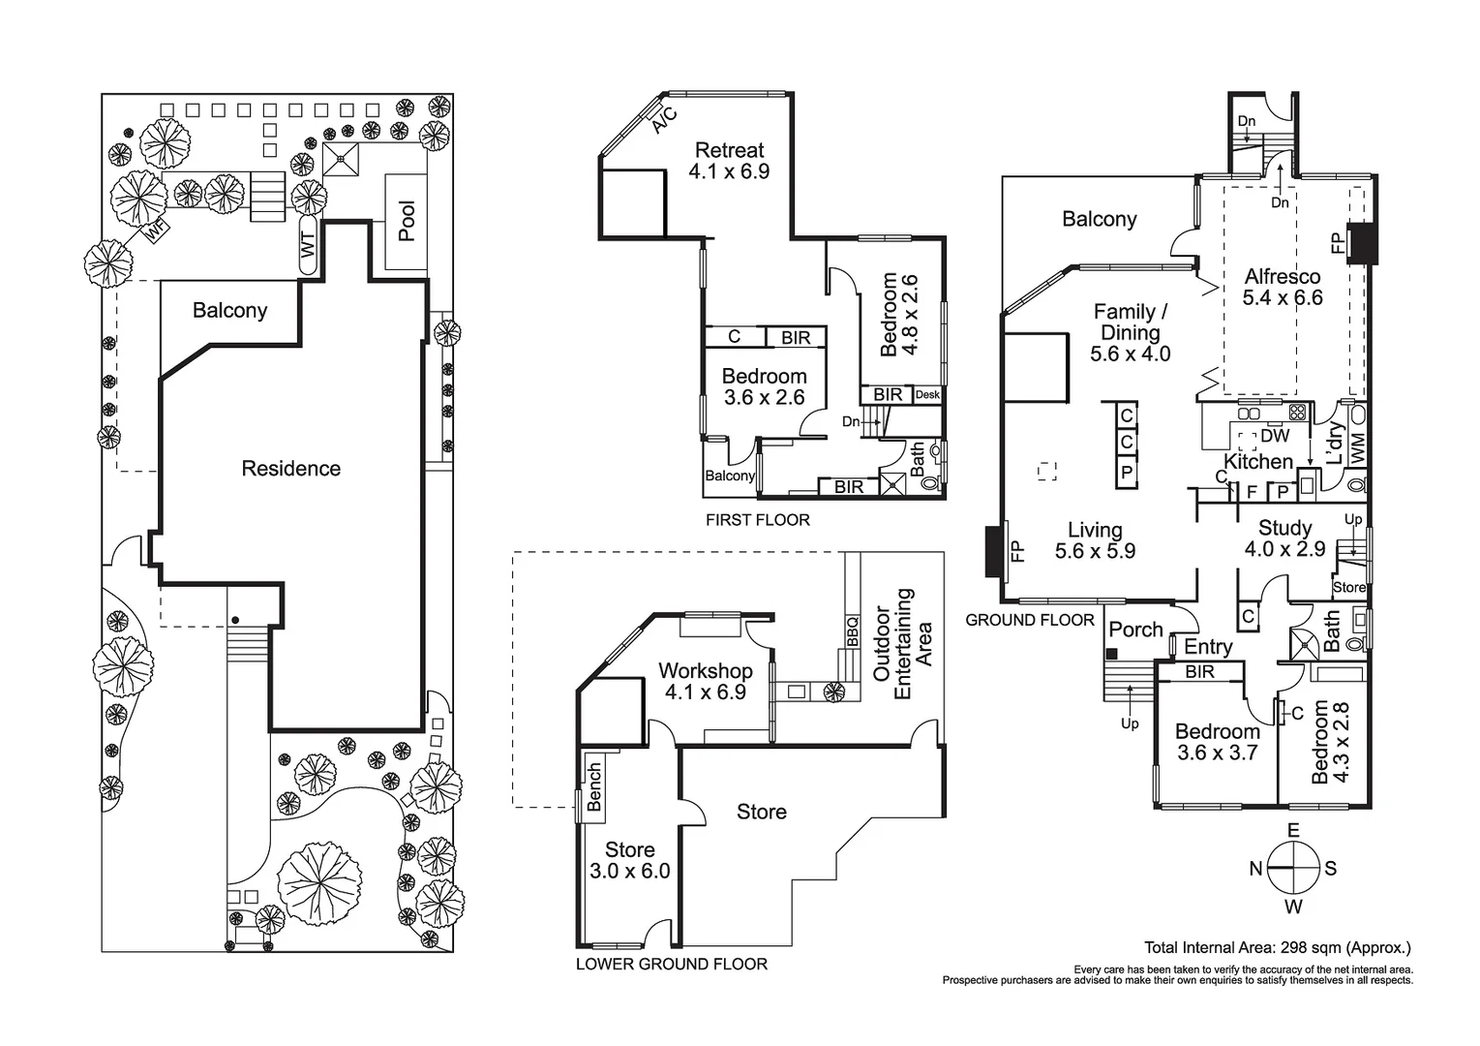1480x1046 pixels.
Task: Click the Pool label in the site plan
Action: pos(407,222)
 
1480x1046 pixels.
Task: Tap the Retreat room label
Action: pos(729,150)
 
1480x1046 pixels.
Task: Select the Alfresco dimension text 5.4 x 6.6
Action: pos(1283,297)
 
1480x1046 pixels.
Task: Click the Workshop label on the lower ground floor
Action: pos(705,671)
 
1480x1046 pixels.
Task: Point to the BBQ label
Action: pos(853,631)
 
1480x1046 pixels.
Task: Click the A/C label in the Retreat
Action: pos(663,119)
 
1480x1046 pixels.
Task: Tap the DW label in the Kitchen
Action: pos(1275,437)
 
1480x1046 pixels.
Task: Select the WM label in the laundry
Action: pos(1357,447)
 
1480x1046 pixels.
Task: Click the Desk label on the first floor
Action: pos(927,395)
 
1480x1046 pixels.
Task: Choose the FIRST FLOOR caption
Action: pos(757,520)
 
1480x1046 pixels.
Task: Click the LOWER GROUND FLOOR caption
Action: pos(671,965)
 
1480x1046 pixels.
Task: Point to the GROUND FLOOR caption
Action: pos(1030,620)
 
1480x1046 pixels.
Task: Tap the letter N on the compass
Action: pos(1255,869)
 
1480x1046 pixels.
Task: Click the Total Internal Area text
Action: pos(1277,948)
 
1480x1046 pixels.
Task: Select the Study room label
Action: pos(1284,528)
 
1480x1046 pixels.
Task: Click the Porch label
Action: pos(1135,630)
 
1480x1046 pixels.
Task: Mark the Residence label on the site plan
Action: pos(290,469)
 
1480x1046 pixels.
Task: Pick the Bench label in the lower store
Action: pos(594,786)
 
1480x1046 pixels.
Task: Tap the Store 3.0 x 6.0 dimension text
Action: pos(629,871)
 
